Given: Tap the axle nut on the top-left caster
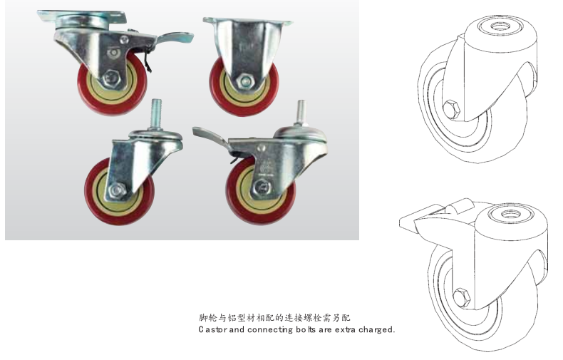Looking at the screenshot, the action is tap(112, 78).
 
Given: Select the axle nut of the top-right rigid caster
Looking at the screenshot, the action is tap(245, 80).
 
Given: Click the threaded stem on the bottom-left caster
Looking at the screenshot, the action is tap(155, 113).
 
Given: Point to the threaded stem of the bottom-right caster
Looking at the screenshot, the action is tap(301, 112).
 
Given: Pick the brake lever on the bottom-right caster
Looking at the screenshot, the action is tap(210, 139).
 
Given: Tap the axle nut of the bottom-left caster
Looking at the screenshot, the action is tap(117, 190).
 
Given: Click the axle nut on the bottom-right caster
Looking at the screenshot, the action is tap(263, 187).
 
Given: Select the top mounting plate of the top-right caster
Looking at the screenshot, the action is tap(248, 21).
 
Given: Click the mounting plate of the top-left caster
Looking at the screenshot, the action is tap(81, 16).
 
